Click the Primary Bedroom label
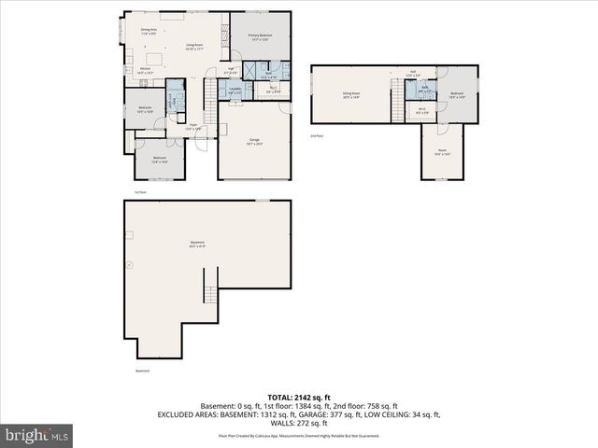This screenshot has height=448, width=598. click(x=259, y=36)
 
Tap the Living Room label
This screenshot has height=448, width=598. click(x=194, y=46)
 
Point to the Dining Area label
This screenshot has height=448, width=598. click(x=148, y=31)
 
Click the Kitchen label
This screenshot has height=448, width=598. click(x=146, y=70)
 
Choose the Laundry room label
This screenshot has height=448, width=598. click(x=235, y=90)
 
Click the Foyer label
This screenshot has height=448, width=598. click(x=193, y=126)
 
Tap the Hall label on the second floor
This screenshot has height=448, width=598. click(x=412, y=72)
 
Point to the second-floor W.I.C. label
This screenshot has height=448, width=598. click(x=422, y=110)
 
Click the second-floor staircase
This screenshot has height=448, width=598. click(x=399, y=95)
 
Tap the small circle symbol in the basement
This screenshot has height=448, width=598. click(x=130, y=265)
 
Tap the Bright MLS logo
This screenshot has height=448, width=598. click(x=37, y=435)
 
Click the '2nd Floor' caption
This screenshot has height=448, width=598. click(x=317, y=136)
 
